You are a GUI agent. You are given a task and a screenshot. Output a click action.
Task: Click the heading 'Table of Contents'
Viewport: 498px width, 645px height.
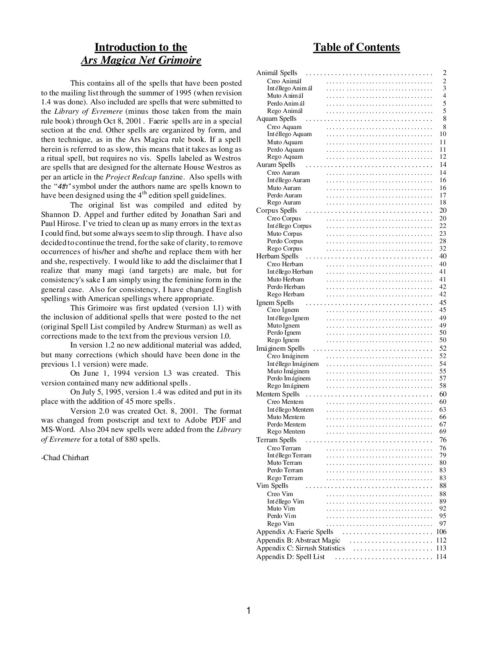pos(356,47)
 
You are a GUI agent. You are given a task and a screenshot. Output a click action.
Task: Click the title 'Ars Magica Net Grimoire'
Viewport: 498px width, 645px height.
pos(141,61)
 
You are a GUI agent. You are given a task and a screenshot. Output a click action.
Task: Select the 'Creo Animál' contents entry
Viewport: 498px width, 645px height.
pos(284,81)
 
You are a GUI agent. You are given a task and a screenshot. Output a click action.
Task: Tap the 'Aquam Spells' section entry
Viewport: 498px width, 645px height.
pos(276,119)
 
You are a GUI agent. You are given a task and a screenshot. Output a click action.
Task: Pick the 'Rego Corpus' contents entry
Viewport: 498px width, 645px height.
pos(284,249)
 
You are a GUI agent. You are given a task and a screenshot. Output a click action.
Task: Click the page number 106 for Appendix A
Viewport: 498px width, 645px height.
pos(441,532)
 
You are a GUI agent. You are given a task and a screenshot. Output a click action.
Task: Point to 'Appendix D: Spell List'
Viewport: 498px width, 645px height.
pos(290,557)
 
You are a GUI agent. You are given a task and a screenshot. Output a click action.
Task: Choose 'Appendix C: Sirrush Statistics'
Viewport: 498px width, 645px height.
pos(300,548)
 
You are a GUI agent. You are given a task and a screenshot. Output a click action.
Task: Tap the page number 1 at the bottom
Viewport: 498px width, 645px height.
pos(249,610)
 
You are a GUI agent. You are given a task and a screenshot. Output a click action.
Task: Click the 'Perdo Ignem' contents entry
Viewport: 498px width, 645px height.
pos(284,333)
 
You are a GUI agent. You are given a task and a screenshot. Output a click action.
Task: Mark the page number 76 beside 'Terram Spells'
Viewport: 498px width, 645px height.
pos(443,440)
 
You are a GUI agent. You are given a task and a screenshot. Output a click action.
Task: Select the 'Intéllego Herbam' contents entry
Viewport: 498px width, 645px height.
pos(290,272)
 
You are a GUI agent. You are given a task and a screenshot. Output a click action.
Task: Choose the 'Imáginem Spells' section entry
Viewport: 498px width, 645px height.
pos(280,348)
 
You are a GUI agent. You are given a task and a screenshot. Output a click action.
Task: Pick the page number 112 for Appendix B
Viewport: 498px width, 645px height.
pos(441,540)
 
